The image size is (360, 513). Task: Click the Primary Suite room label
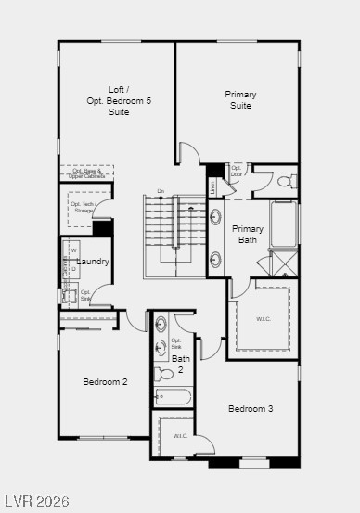click(x=240, y=99)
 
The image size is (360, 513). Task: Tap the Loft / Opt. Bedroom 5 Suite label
click(x=118, y=101)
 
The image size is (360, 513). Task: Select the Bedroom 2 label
click(x=105, y=381)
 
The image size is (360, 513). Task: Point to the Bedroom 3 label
click(x=251, y=409)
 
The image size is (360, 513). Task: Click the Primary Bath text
click(x=248, y=234)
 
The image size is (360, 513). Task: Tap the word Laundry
click(x=93, y=262)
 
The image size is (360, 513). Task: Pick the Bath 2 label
click(x=180, y=363)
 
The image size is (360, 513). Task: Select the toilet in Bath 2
click(x=162, y=374)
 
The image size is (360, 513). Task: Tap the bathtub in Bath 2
click(x=174, y=397)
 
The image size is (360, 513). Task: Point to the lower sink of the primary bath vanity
click(x=216, y=259)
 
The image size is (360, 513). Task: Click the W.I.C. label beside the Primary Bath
click(x=264, y=319)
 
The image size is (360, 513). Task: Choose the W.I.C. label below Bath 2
click(x=180, y=436)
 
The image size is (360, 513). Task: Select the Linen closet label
click(x=212, y=187)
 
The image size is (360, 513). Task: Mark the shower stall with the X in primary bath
click(x=284, y=263)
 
